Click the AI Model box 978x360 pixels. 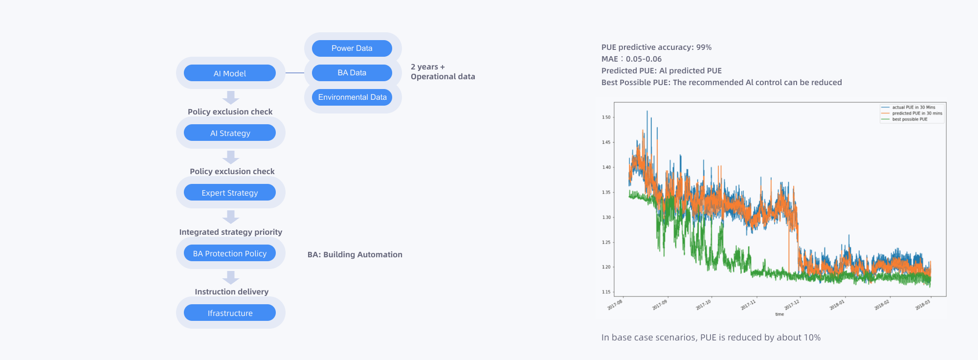[x=230, y=73]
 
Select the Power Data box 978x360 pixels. [x=352, y=48]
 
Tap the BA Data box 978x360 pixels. [x=352, y=73]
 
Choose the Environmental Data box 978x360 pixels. [x=352, y=97]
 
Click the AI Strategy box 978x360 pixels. [x=230, y=133]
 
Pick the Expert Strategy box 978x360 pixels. [x=230, y=193]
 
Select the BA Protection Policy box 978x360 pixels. [x=230, y=253]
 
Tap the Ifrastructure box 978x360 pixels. [x=230, y=313]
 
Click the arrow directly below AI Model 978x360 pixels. [x=231, y=97]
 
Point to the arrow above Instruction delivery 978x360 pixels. [x=231, y=277]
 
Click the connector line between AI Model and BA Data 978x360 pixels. [x=295, y=73]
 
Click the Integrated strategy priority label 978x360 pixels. [x=231, y=232]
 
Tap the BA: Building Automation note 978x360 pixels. [x=355, y=254]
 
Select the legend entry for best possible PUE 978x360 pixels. [x=910, y=119]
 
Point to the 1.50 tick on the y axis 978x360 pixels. [x=606, y=117]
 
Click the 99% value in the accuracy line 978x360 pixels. [x=704, y=47]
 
